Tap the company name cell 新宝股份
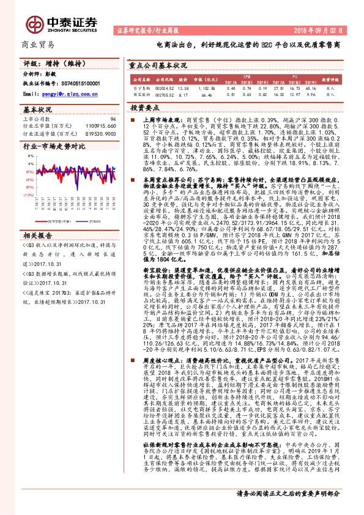[139, 95]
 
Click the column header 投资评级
[339, 80]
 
